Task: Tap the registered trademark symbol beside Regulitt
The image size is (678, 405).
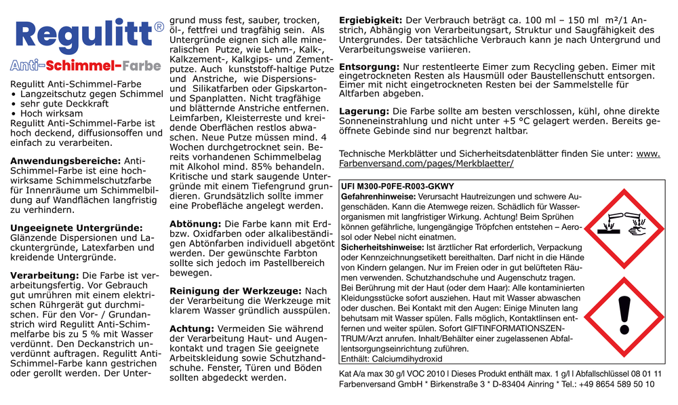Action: point(159,27)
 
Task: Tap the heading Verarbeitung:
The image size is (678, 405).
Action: point(44,276)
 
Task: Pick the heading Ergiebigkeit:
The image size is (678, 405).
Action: point(371,20)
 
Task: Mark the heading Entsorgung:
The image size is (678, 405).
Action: point(370,67)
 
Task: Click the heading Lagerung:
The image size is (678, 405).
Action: point(363,111)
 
